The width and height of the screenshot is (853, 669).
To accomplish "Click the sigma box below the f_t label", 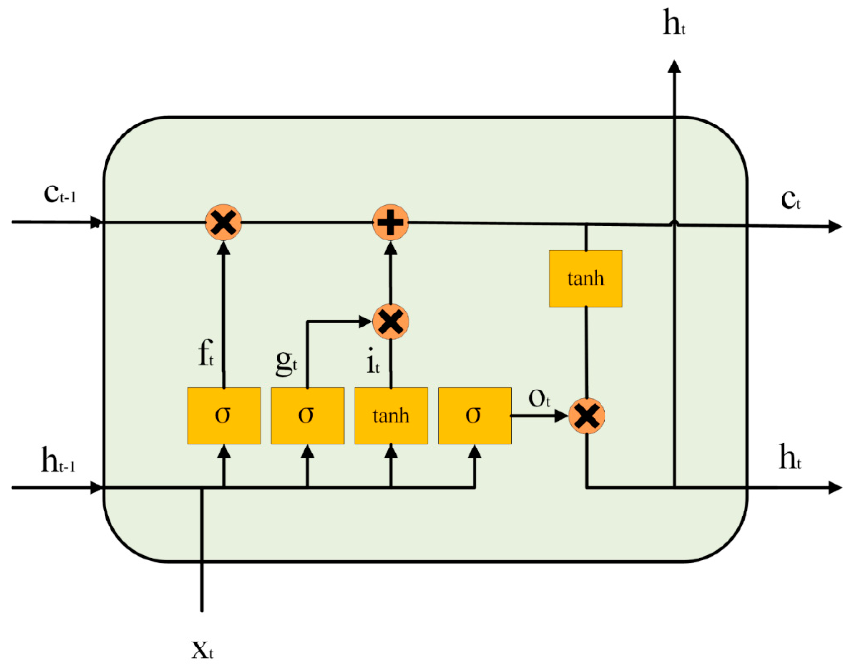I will point(223,415).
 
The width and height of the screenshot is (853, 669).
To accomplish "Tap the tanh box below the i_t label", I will point(390,415).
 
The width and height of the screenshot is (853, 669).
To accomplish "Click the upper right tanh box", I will point(585,279).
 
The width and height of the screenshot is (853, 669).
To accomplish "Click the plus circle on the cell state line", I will point(390,222).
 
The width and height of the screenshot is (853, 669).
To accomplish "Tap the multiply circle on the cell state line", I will point(223,222).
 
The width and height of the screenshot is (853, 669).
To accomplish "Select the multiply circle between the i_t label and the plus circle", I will point(390,322).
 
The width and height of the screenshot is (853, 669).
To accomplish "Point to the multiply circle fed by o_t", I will point(586,415).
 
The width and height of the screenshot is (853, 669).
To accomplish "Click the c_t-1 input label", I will point(59,194).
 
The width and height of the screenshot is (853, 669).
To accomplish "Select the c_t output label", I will point(790,200).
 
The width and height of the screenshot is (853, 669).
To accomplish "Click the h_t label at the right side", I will point(789,457).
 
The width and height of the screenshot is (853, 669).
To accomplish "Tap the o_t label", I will point(539,399).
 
